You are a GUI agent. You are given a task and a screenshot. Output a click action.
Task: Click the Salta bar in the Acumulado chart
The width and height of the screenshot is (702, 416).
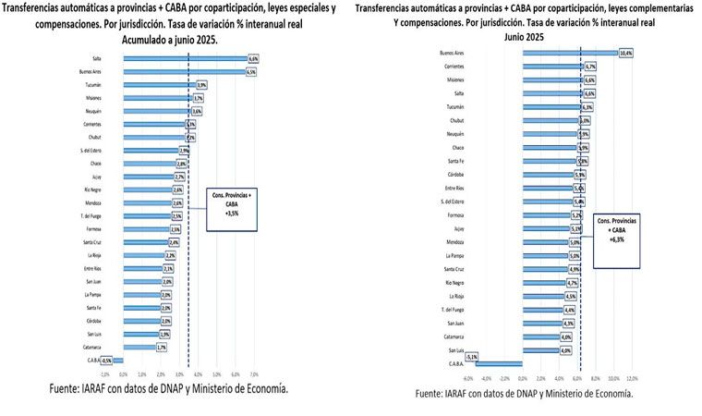(x=185, y=58)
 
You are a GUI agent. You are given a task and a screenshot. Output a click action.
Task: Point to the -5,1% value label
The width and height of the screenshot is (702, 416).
(x=472, y=356)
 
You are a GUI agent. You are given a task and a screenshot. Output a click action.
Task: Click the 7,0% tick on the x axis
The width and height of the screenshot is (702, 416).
(x=252, y=373)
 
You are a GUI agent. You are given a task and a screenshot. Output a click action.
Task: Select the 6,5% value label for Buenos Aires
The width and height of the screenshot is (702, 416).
(x=251, y=71)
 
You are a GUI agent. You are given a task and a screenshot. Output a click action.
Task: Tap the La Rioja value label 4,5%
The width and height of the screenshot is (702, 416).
(x=570, y=296)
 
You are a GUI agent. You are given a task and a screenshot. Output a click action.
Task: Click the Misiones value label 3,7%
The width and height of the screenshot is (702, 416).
(x=198, y=97)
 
